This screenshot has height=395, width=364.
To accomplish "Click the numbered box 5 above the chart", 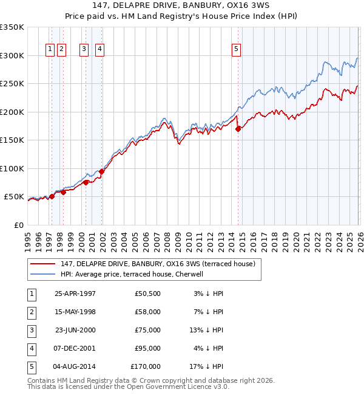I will click(x=236, y=50).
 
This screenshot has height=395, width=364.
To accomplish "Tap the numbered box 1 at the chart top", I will click(x=51, y=50).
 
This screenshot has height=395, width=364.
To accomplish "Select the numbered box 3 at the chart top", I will click(x=84, y=50).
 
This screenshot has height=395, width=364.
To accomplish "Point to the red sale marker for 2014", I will click(x=238, y=129).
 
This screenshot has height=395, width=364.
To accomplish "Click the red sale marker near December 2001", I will click(x=101, y=171).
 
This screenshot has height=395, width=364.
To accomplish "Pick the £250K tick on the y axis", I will click(x=12, y=84).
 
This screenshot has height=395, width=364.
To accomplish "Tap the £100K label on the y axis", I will click(x=12, y=168).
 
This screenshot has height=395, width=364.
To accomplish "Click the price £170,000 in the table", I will click(x=146, y=366).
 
